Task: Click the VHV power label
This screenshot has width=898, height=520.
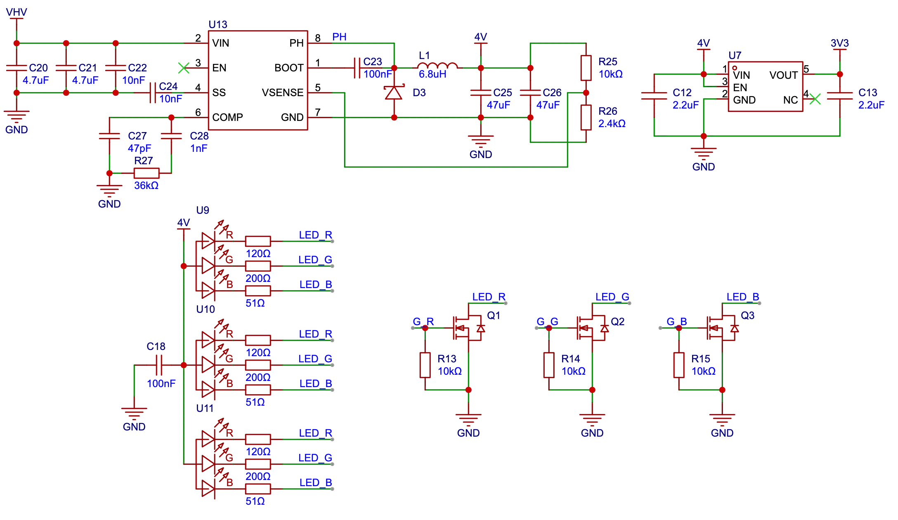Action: (x=17, y=12)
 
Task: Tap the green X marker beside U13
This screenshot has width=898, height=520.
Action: (x=183, y=68)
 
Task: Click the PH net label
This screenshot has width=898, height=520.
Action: (x=339, y=37)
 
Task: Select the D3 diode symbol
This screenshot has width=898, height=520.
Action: (x=394, y=93)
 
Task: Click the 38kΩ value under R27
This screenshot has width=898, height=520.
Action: (x=146, y=186)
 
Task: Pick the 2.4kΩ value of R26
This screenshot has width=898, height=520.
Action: (x=612, y=123)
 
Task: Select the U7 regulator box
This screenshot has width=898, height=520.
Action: (x=766, y=87)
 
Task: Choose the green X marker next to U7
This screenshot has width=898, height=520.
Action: (x=815, y=99)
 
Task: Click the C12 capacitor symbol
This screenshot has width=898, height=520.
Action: (x=654, y=96)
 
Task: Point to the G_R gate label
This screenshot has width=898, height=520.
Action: (x=423, y=321)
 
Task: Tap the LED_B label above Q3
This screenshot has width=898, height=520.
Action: (x=743, y=296)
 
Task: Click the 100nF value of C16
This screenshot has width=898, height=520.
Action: (x=161, y=383)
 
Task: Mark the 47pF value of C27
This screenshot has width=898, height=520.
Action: (x=139, y=148)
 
